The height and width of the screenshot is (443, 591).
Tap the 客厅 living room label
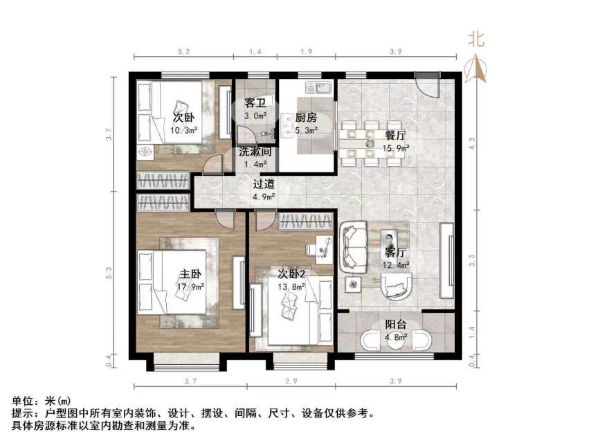(x=395, y=251)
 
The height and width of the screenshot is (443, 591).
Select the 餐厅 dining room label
(x=394, y=136)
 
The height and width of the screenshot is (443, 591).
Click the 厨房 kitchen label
(x=306, y=118)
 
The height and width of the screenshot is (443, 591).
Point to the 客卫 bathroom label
(x=255, y=104)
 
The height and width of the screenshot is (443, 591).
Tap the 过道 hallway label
(x=264, y=184)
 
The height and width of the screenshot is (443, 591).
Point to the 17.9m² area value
(x=191, y=288)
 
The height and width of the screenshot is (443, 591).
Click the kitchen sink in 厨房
(x=322, y=88)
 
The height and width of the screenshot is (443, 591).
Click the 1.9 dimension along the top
(x=307, y=52)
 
